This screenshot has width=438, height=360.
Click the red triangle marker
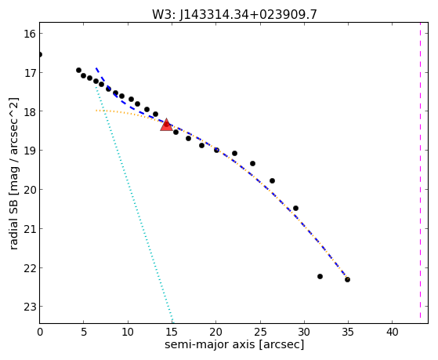coord(166,125)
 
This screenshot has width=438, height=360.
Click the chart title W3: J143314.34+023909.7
coord(234,14)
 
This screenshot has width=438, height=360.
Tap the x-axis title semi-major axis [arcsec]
coord(234,344)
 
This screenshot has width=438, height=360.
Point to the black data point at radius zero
coord(40,54)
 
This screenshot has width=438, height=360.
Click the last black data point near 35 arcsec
coord(347,279)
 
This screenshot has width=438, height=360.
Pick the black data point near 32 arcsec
coord(320,276)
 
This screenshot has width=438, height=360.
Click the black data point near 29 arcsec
coord(296,208)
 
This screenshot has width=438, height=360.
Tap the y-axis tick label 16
coord(30,34)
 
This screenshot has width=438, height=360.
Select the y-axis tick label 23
coord(30,307)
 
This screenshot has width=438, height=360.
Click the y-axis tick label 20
coord(30,190)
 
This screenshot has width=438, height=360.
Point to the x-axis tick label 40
coord(393,332)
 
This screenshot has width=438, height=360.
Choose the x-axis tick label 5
coord(84,332)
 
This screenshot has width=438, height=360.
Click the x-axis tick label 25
coord(260,332)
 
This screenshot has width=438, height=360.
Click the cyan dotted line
coord(134,205)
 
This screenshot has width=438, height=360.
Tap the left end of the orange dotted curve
coord(96,111)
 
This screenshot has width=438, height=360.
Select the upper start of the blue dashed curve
coord(96,67)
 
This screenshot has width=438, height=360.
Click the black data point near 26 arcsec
coord(272,180)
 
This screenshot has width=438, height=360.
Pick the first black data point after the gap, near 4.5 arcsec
coord(79,70)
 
